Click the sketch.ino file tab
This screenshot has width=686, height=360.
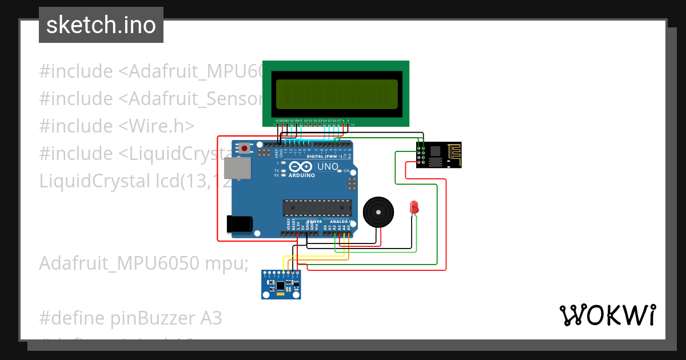101,25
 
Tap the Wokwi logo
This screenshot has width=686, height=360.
607,315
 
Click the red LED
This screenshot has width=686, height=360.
414,207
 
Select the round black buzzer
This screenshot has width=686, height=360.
378,213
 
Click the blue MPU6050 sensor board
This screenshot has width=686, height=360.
281,285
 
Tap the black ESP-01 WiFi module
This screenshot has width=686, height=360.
438,155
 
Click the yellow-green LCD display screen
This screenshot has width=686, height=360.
336,94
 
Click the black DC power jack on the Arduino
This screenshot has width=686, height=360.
238,223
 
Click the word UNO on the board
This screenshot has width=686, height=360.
328,167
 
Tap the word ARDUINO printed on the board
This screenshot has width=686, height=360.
301,175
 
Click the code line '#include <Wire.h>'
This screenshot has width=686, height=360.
117,126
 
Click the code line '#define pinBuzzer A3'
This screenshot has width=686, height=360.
130,318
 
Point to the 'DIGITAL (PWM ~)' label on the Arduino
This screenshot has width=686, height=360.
325,156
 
